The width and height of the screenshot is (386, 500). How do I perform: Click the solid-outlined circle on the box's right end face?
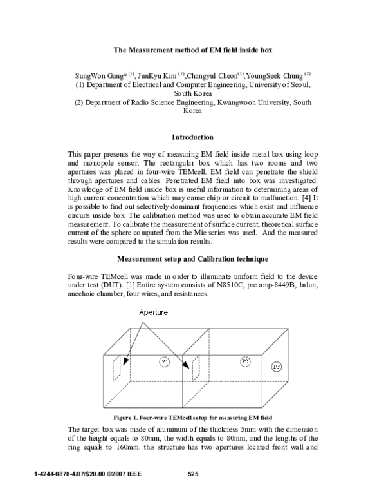pos(277,367)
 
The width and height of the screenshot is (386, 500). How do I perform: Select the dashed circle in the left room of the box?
pos(164,362)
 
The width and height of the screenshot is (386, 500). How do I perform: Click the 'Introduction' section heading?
pos(193,137)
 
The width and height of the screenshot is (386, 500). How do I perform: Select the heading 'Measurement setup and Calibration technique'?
pos(193,278)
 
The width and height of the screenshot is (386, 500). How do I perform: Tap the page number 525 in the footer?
pos(193,475)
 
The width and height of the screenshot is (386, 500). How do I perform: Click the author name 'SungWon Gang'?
pos(98,74)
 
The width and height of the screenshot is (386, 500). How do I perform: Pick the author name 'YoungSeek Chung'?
pos(274,74)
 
